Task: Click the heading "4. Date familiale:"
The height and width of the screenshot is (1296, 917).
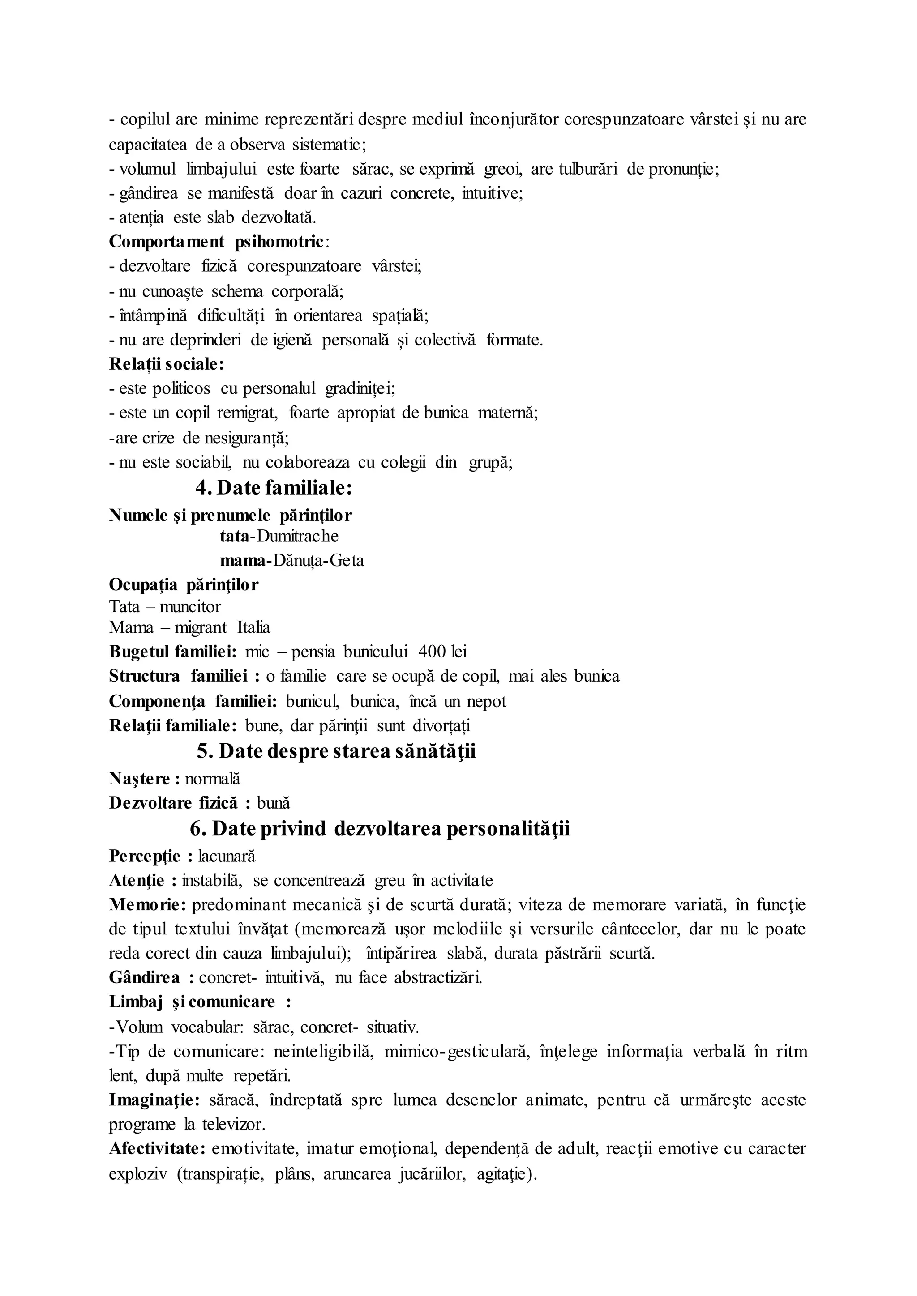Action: click(x=274, y=488)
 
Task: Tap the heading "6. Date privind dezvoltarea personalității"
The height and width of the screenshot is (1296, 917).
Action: click(x=379, y=828)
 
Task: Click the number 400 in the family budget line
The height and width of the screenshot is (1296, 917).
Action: click(x=432, y=652)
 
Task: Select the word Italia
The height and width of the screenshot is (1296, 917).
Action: click(x=253, y=627)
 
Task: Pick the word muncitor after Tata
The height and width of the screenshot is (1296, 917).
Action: click(x=190, y=606)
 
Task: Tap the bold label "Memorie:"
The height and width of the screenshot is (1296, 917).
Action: click(x=147, y=905)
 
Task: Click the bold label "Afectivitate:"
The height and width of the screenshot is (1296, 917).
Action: click(x=157, y=1149)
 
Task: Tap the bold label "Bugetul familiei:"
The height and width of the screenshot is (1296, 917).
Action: click(x=173, y=652)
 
